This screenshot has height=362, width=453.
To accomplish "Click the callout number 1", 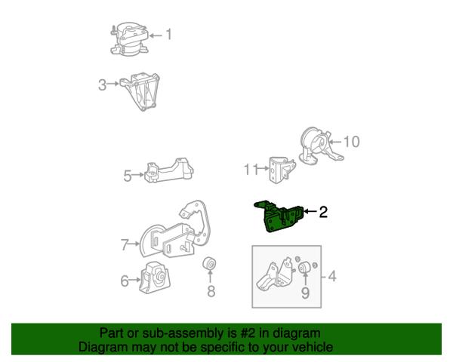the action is [168, 35].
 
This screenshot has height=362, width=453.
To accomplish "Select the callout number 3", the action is [102, 85].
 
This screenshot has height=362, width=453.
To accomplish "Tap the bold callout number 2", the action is [323, 212].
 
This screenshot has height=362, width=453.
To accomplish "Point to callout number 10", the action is [352, 142].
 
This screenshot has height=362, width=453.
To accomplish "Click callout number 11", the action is [251, 170].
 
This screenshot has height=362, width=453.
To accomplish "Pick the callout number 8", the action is [211, 291].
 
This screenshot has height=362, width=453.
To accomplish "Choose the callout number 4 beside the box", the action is [332, 276].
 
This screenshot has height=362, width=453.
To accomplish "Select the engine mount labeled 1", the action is [130, 38].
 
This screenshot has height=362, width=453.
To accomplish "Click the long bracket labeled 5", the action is [169, 170].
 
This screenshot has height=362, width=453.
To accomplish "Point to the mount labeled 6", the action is [155, 278].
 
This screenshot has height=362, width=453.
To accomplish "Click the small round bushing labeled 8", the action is [210, 262].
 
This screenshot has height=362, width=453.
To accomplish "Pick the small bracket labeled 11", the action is [282, 170].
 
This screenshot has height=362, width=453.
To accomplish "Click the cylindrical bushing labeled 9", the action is [304, 267].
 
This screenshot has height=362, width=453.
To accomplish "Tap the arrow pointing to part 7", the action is [134, 244].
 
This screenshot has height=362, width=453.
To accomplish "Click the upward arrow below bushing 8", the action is [211, 276].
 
